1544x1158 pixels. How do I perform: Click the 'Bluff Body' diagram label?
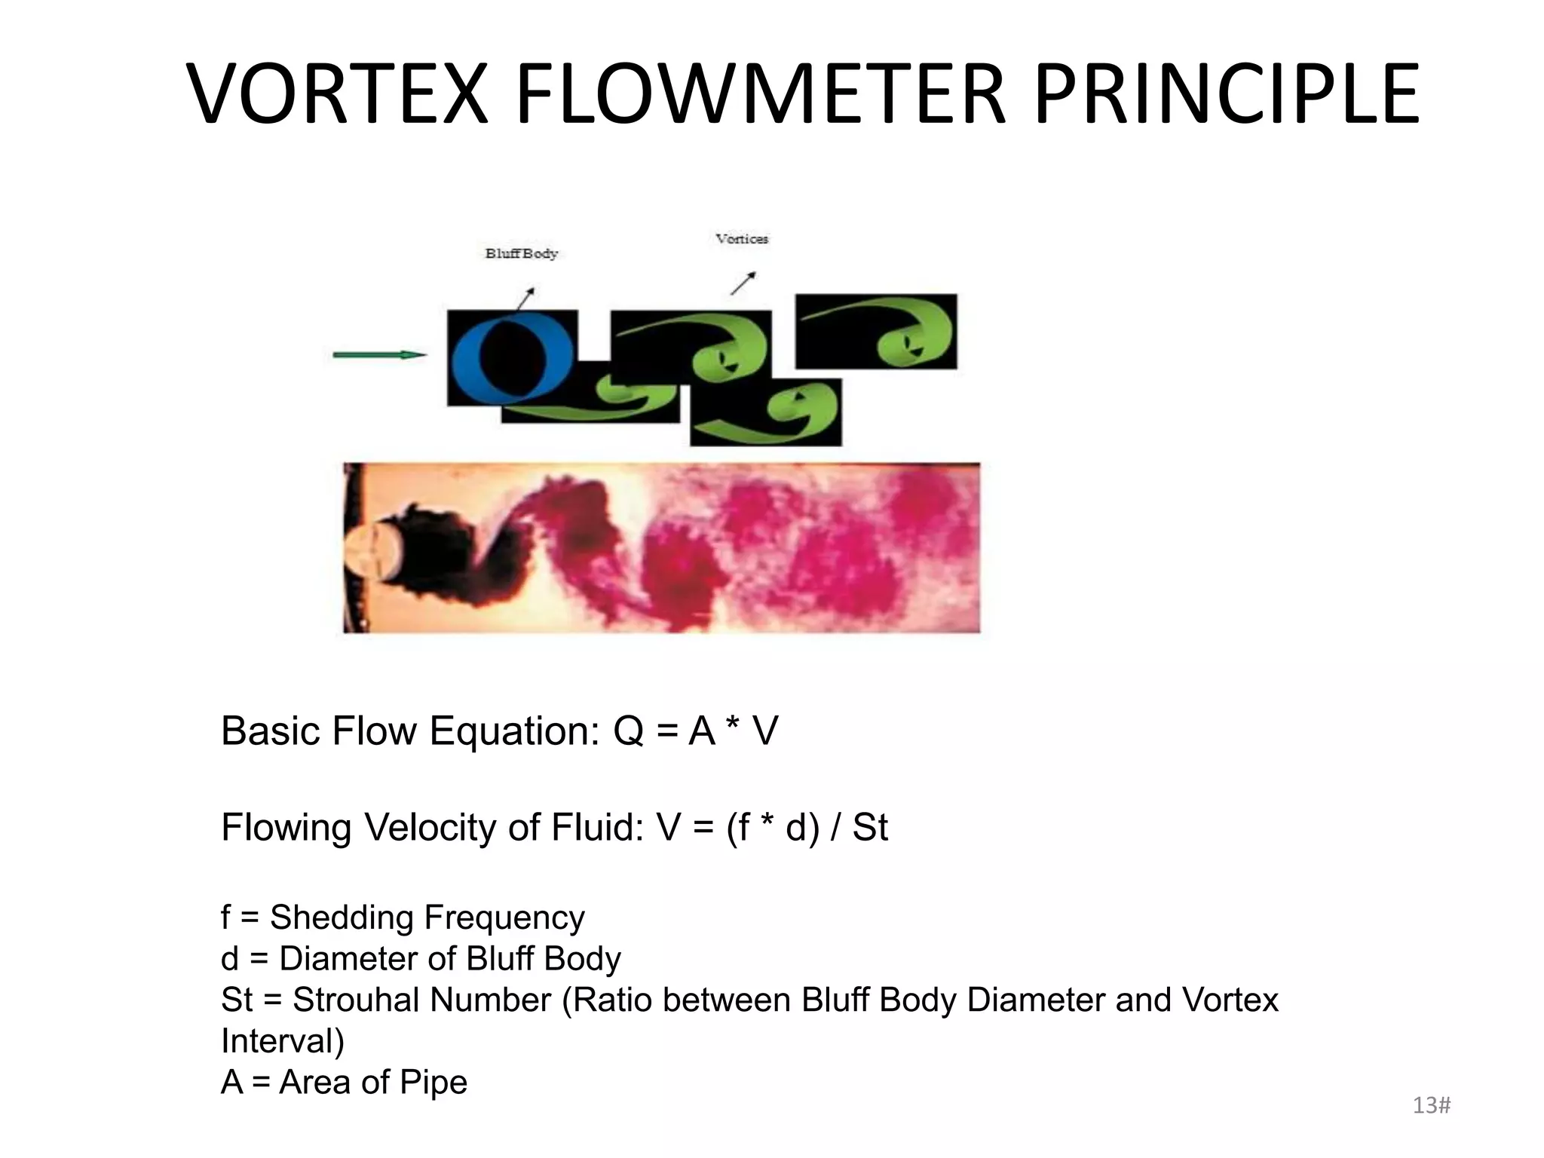tap(521, 254)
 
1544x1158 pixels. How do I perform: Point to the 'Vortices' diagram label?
tap(742, 239)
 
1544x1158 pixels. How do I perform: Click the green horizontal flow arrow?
tap(379, 354)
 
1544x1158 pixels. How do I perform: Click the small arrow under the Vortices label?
tap(743, 283)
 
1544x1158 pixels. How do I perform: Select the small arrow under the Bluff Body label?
tap(525, 298)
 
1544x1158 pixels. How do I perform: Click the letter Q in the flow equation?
tap(628, 731)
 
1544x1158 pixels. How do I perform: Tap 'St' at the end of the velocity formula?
tap(870, 828)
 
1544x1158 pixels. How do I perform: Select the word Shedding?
tap(342, 918)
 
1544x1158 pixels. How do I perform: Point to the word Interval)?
tap(283, 1041)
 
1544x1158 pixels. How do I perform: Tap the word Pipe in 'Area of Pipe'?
tap(433, 1083)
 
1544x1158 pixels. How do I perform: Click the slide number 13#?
tap(1431, 1106)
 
